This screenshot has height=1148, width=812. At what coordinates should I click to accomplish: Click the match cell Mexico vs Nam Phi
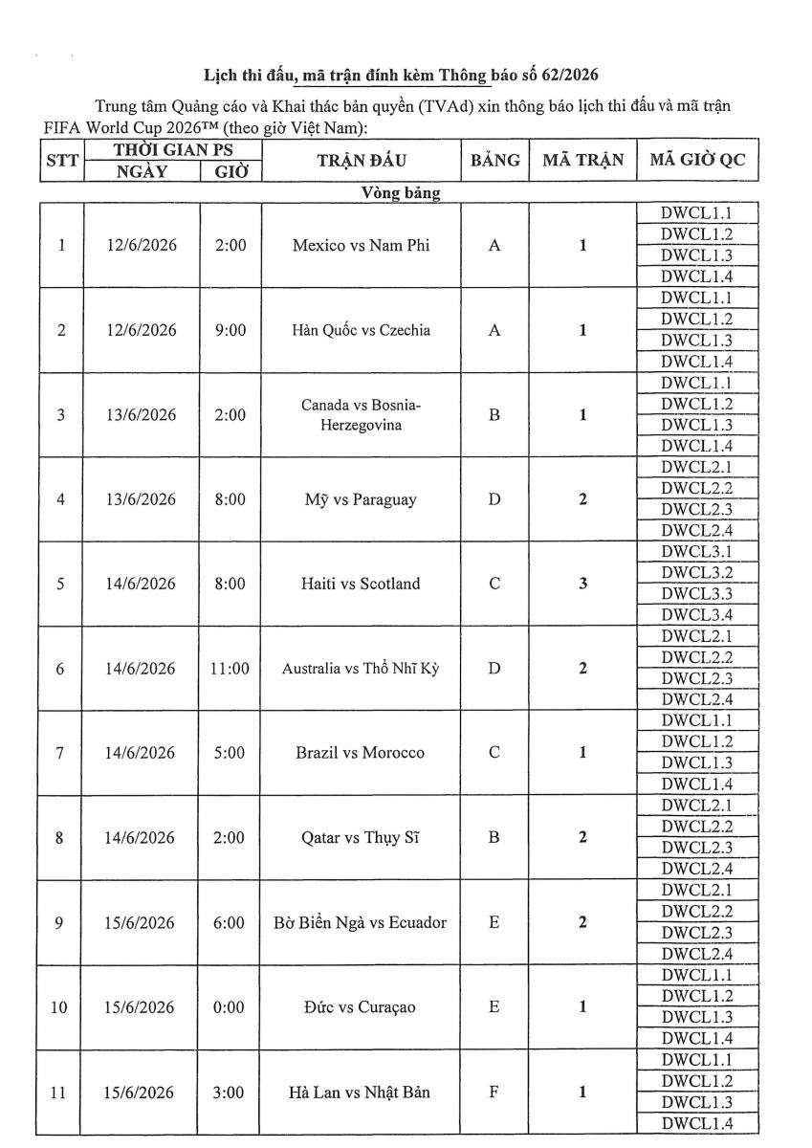click(x=361, y=246)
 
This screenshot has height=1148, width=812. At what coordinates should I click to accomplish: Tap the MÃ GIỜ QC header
click(x=696, y=160)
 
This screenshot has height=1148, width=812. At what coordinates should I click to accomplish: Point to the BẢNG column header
click(x=494, y=160)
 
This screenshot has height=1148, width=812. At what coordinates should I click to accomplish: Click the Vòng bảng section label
click(x=401, y=193)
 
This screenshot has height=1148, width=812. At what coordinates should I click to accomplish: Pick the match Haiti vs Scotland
click(x=361, y=584)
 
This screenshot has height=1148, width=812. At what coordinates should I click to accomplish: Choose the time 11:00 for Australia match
click(x=230, y=669)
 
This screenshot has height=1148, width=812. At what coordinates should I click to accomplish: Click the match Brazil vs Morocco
click(x=361, y=753)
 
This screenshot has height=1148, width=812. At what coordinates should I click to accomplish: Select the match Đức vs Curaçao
click(x=361, y=1007)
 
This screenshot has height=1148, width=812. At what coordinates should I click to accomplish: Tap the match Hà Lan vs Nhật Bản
click(x=361, y=1092)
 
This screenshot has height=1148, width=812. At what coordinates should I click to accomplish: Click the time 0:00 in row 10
click(x=230, y=1007)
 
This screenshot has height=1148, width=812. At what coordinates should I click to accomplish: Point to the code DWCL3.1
click(x=696, y=552)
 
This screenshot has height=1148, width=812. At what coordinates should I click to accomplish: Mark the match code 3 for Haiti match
click(x=582, y=584)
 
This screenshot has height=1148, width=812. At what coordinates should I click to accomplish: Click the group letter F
click(x=494, y=1092)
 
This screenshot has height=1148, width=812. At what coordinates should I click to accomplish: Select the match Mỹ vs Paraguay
click(x=361, y=499)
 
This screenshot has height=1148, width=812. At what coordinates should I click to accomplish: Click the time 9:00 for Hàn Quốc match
click(x=230, y=330)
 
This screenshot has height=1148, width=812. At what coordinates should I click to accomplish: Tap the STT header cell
click(x=62, y=161)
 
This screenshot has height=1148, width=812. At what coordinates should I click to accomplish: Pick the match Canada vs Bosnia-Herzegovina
click(x=361, y=415)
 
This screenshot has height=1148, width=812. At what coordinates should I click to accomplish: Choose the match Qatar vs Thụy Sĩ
click(x=361, y=838)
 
